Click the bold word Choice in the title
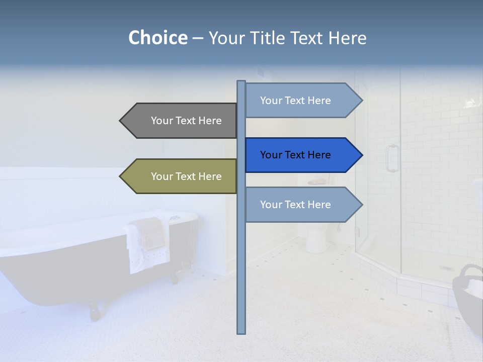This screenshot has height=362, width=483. pos(157,38)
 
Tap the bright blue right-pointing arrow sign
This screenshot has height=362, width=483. pos(299,155)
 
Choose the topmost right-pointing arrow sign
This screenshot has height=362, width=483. pos(299,101)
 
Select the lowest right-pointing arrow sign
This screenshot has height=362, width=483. pos(299,205)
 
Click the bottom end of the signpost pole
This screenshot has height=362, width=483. pos(242,331)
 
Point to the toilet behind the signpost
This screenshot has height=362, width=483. pos(316,236)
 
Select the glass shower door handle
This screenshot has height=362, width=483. pos(391,158)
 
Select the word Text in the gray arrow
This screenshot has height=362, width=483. pos(187,121)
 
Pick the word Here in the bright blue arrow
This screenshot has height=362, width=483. pos(318,155)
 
